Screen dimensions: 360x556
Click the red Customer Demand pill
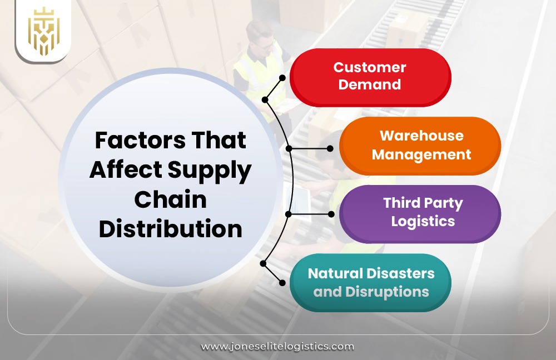click(370, 77)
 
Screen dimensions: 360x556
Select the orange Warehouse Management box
click(420, 146)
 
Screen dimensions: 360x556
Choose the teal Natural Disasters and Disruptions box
click(371, 282)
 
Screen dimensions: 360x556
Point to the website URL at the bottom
click(277, 346)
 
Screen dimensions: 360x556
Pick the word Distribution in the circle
click(170, 229)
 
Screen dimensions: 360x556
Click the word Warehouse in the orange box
click(421, 136)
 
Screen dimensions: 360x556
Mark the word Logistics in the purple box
click(423, 221)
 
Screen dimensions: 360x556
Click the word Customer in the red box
click(370, 68)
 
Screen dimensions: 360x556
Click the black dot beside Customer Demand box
click(282, 78)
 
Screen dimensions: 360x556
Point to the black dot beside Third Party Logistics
click(331, 213)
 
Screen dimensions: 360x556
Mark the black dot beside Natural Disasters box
click(282, 283)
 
